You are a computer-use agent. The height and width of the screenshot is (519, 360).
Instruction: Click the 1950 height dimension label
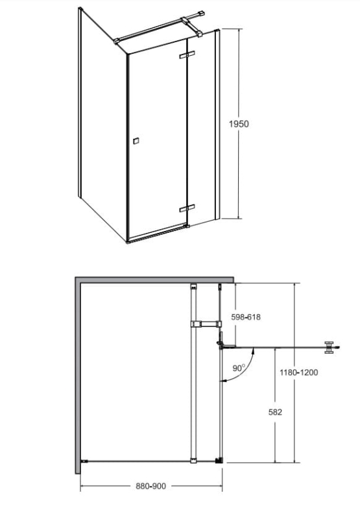239,124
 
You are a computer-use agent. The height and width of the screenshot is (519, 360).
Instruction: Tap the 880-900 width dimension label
151,486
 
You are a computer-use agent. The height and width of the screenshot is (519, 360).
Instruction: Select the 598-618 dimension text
246,317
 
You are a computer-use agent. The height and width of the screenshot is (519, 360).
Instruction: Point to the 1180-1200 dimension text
299,372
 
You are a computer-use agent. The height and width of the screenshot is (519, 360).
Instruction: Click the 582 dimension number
275,412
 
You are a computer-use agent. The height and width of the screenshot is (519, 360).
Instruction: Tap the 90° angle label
239,368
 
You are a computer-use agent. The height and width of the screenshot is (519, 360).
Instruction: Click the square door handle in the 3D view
136,141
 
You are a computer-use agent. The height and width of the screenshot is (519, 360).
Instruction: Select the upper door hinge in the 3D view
187,54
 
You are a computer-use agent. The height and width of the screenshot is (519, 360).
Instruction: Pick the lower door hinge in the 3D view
187,208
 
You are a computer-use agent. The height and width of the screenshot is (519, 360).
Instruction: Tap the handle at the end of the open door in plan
330,348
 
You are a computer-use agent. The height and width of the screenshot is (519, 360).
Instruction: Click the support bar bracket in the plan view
205,324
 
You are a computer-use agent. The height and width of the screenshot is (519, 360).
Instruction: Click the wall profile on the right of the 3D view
217,124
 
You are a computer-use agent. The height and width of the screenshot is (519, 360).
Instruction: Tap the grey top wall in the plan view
154,280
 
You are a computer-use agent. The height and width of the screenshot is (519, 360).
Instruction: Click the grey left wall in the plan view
78,376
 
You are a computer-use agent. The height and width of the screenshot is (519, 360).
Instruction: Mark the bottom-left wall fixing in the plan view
84,461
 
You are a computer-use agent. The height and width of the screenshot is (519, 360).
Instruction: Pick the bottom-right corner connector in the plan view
219,461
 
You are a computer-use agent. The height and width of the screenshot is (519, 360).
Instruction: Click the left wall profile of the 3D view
80,102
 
